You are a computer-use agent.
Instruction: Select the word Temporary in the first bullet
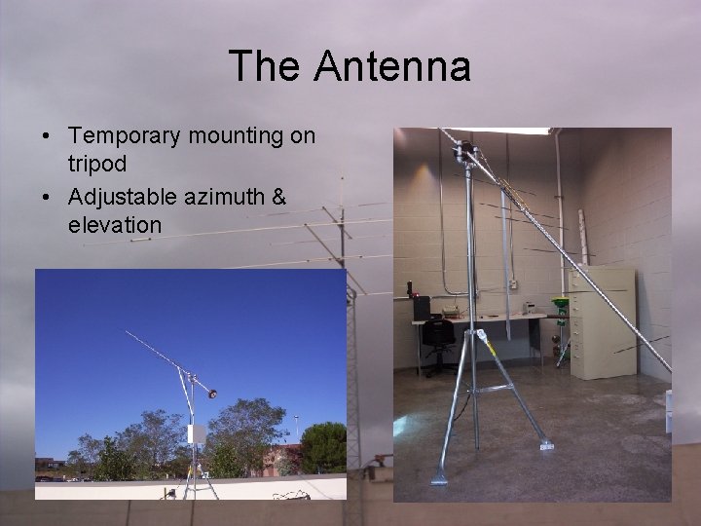click(134, 136)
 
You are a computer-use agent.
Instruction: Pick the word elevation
click(115, 225)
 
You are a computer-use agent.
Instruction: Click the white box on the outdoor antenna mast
click(198, 434)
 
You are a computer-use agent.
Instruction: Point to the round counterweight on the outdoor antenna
click(211, 393)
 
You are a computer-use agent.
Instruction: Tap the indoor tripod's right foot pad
click(546, 445)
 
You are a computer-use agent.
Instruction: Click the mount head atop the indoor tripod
click(465, 154)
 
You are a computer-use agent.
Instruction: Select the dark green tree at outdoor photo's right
click(323, 446)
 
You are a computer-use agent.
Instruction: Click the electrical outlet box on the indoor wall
click(512, 283)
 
